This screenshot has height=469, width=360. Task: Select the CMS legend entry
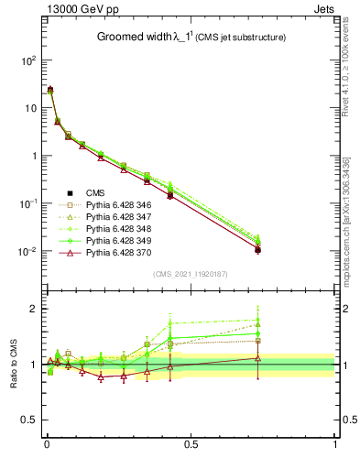click(95, 192)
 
